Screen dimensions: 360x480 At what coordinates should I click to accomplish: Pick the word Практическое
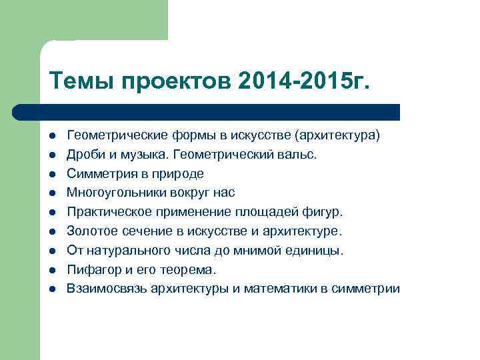tap(104, 213)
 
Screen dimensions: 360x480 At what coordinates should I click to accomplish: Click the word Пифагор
tap(90, 270)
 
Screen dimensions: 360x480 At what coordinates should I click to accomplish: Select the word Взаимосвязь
tap(106, 289)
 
